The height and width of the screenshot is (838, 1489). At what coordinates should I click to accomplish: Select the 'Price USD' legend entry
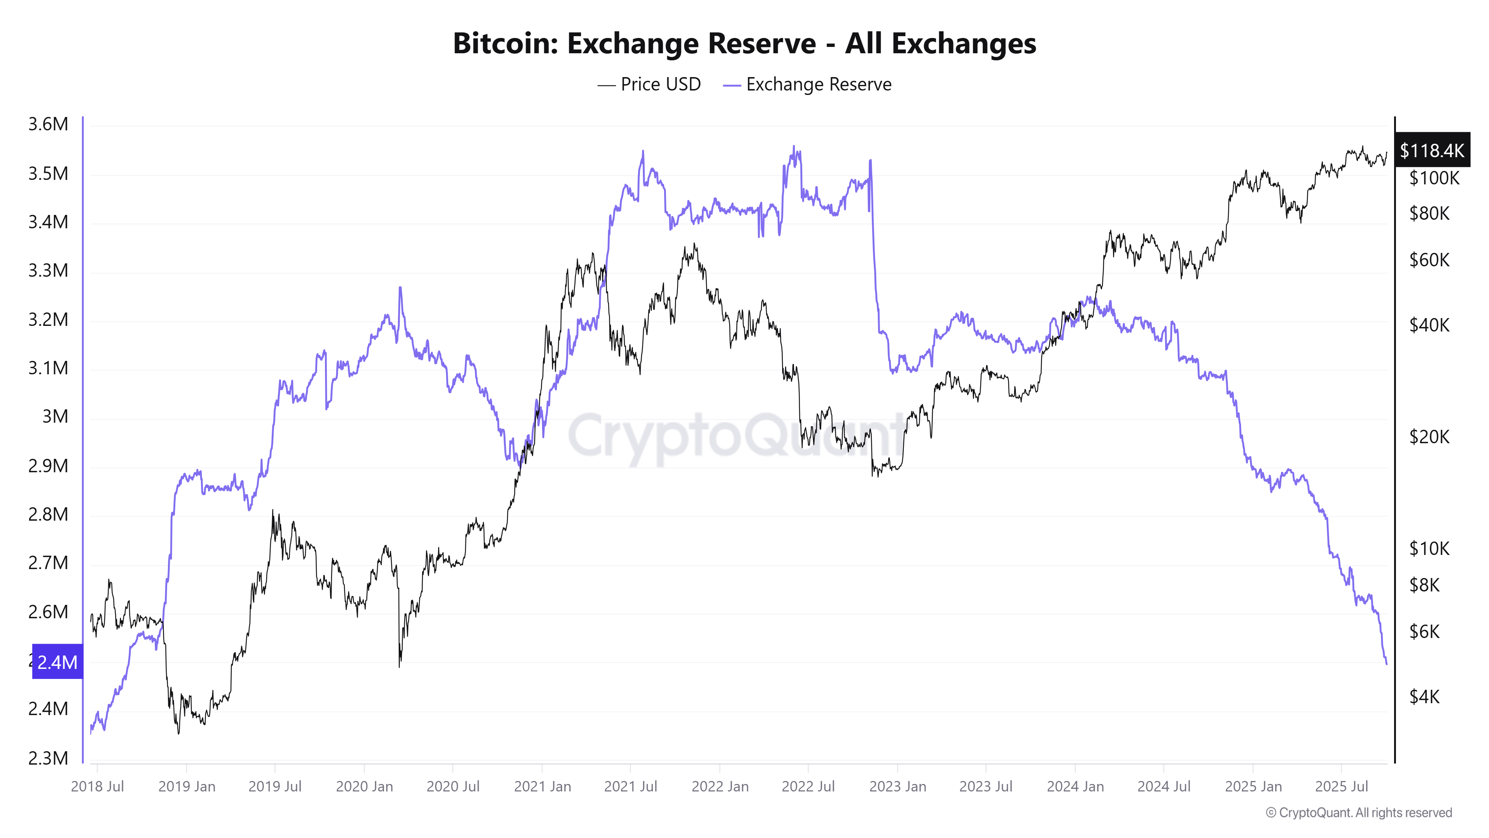click(649, 85)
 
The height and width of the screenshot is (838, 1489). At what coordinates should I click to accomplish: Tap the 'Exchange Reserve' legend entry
click(807, 85)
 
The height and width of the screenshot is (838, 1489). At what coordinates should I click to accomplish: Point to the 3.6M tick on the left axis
click(48, 124)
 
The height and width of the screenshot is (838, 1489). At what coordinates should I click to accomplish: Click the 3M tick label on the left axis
click(55, 416)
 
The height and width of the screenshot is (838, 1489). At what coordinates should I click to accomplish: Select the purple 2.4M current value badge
click(57, 661)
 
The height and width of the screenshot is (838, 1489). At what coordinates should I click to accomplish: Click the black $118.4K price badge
click(1431, 150)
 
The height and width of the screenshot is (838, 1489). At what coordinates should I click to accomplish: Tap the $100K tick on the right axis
click(1434, 178)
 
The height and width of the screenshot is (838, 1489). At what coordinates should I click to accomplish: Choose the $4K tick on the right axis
click(1424, 697)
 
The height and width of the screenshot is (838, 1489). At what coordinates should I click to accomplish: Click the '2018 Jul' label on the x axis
click(97, 787)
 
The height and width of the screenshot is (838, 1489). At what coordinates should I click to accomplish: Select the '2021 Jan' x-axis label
click(542, 787)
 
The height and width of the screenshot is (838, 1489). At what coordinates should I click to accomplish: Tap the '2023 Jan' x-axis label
click(897, 787)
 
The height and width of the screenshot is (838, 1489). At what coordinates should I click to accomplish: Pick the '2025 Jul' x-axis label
click(1342, 787)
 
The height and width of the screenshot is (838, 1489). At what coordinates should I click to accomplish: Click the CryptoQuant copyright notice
click(1358, 813)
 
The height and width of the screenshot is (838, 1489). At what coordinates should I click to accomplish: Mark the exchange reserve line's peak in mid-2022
click(794, 147)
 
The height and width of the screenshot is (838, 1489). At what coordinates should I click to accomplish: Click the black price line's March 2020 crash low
click(399, 666)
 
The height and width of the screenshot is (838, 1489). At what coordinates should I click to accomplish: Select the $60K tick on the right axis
click(1429, 260)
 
